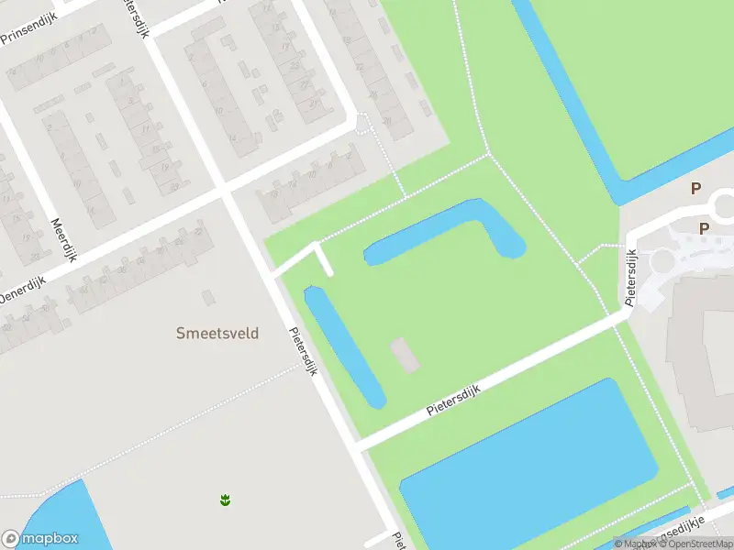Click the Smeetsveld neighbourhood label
pyautogui.click(x=217, y=334)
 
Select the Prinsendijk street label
pyautogui.click(x=28, y=33)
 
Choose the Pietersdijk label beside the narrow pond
pyautogui.click(x=303, y=353)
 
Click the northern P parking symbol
pyautogui.click(x=695, y=188)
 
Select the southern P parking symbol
pyautogui.click(x=705, y=229)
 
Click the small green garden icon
pyautogui.click(x=224, y=500)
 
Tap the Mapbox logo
pyautogui.click(x=40, y=539)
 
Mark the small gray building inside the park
pyautogui.click(x=405, y=356)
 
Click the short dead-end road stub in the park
pyautogui.click(x=324, y=259)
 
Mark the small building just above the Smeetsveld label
pyautogui.click(x=207, y=297)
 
